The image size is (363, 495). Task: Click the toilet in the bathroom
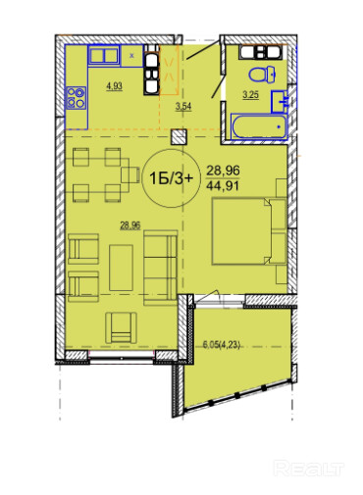click(x=262, y=74)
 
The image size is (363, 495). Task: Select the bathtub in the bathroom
click(x=259, y=126)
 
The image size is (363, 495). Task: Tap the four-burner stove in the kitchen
click(x=77, y=98)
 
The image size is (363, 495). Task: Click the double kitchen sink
click(x=104, y=56)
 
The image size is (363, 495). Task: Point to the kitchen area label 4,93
click(x=114, y=86)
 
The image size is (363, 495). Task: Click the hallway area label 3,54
click(x=183, y=107)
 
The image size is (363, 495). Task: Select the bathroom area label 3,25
click(x=250, y=95)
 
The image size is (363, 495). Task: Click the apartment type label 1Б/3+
click(x=171, y=178)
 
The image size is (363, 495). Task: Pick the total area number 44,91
click(x=223, y=186)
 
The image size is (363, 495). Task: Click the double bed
click(x=249, y=231)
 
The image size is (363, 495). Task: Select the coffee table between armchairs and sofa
click(x=121, y=268)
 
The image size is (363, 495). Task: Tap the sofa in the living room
click(x=161, y=268)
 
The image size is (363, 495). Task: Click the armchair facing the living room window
click(x=121, y=327)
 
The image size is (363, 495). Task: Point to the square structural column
click(x=180, y=136)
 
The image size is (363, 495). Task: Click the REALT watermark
click(x=308, y=469)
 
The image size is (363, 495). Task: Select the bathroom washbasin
click(x=280, y=102)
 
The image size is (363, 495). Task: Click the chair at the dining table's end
click(x=130, y=174)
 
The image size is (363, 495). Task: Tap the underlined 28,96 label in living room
click(x=130, y=225)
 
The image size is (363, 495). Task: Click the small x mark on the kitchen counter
click(x=131, y=56)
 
